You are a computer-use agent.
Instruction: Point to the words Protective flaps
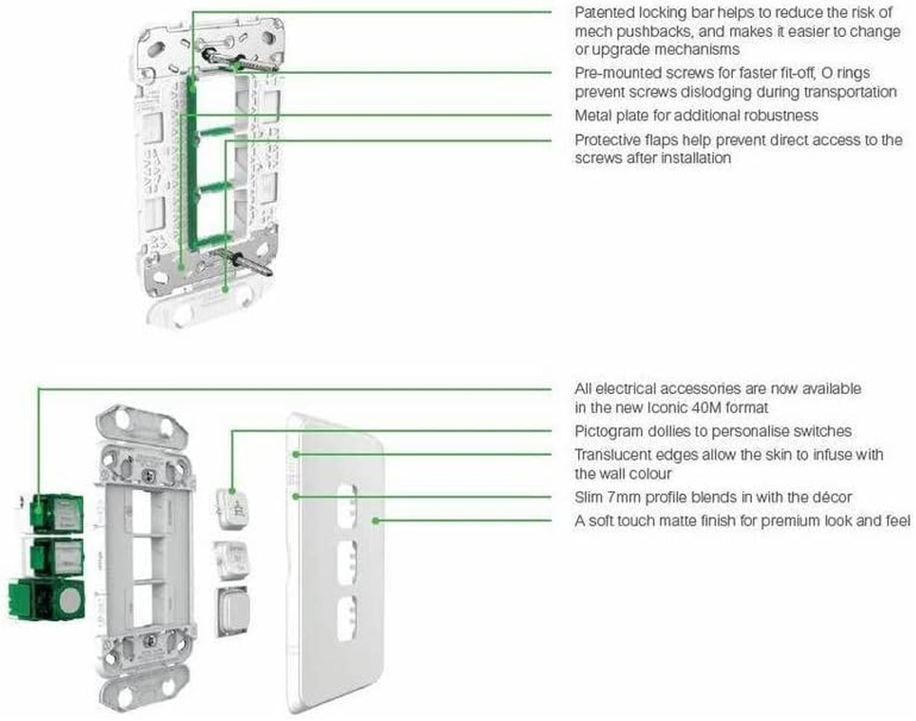pyautogui.click(x=626, y=140)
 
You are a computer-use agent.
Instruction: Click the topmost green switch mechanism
pyautogui.click(x=57, y=513)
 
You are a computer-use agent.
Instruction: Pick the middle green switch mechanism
pyautogui.click(x=57, y=557)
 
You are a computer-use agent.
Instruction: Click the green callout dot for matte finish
pyautogui.click(x=378, y=520)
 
